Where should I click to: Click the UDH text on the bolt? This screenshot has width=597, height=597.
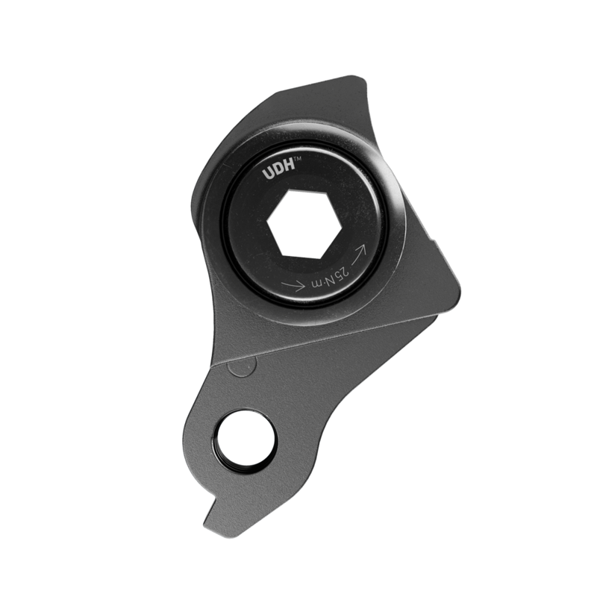[278, 172]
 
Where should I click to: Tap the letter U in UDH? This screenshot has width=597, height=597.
[268, 173]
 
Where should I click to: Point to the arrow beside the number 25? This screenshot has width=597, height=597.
[293, 284]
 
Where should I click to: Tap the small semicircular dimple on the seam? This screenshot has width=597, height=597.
[240, 367]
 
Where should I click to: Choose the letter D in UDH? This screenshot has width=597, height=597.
[278, 172]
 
